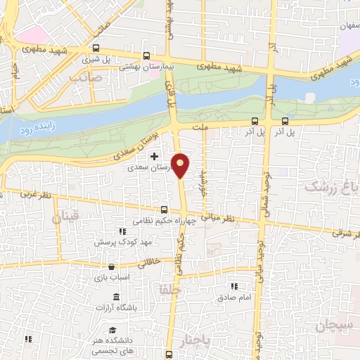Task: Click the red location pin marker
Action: (x=181, y=165)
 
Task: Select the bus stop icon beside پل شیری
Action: (x=96, y=49)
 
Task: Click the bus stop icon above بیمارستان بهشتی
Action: (x=146, y=56)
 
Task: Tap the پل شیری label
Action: (x=95, y=59)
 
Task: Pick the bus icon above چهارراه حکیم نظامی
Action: (x=164, y=210)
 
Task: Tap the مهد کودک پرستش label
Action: (x=127, y=241)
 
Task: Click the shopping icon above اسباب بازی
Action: (x=112, y=266)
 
